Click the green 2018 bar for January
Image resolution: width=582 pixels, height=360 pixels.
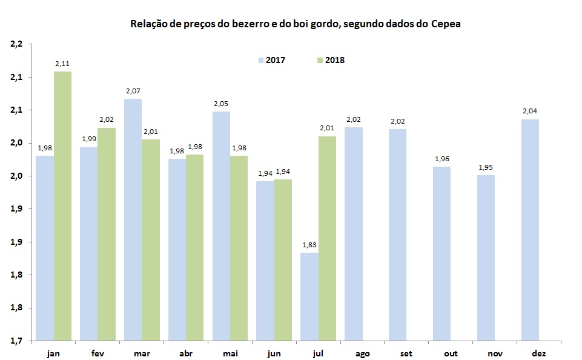tap(62, 206)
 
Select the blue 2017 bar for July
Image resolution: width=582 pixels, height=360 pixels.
tap(309, 296)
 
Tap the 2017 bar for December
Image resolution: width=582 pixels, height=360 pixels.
tap(530, 230)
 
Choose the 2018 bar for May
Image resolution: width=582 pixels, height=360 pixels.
tap(239, 248)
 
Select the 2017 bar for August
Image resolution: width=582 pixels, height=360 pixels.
tap(354, 233)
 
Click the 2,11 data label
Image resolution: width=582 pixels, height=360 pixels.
tap(62, 63)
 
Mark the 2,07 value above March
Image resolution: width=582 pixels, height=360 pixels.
tap(133, 90)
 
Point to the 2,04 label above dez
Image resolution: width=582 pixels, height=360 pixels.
tap(530, 111)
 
